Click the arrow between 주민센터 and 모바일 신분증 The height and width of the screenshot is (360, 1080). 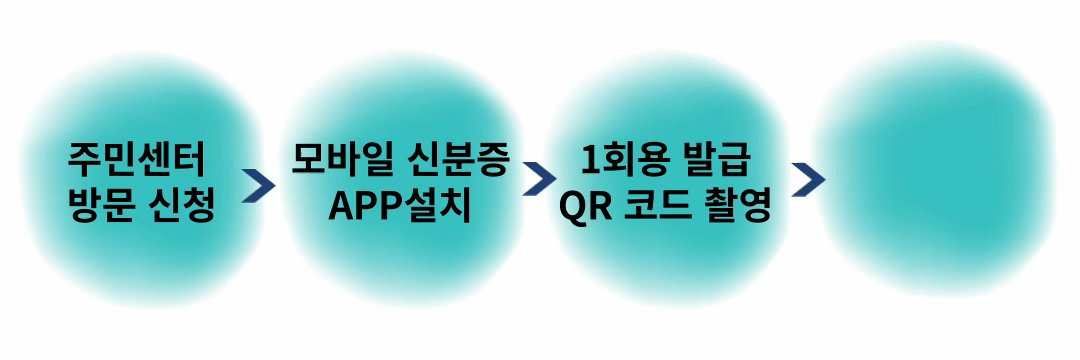point(258,184)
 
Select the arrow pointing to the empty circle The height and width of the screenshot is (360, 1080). point(808,180)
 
